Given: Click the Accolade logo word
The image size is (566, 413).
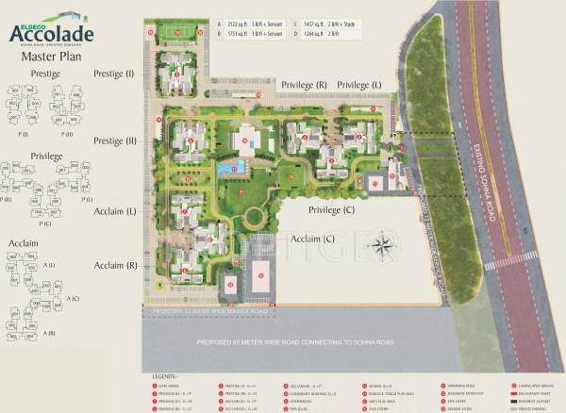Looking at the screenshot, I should [52, 33].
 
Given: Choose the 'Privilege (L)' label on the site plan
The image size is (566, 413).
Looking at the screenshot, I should [360, 86].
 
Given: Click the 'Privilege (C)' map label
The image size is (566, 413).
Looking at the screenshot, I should [330, 209].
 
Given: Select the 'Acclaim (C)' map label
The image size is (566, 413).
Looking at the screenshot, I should [313, 239].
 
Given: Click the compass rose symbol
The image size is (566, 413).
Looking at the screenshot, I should [382, 247].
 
